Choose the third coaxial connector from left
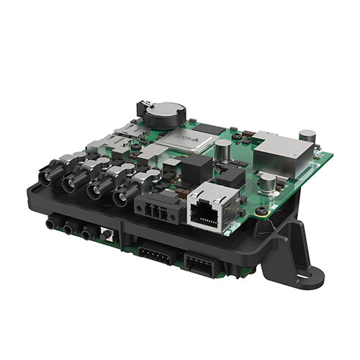(x=97, y=192)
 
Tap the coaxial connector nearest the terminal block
(x=122, y=198)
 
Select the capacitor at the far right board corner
(x=307, y=135)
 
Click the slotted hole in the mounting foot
(x=307, y=274)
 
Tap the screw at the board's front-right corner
(x=261, y=212)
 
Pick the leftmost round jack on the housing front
(x=50, y=224)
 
